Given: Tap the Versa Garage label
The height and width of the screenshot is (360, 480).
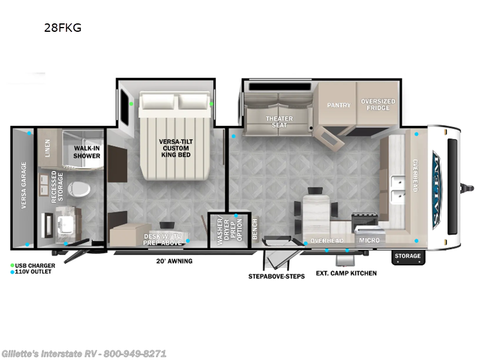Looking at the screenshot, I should point(24,185).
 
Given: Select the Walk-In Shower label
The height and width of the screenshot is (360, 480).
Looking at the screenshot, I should point(86,151).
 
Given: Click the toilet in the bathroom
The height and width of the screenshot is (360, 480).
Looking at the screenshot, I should point(81,188).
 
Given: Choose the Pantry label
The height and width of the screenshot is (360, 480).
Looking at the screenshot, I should point(338,105).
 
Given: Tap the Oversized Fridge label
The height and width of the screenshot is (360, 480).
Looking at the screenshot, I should point(378,105).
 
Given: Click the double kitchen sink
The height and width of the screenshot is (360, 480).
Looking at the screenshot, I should point(397,187).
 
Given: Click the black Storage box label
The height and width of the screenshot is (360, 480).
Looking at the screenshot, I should point(408,256).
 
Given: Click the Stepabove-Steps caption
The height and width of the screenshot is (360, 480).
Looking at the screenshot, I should point(277,276).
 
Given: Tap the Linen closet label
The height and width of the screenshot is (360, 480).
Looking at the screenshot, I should point(47,149).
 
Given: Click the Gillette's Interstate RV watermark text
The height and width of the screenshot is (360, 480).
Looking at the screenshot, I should point(84,353).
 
